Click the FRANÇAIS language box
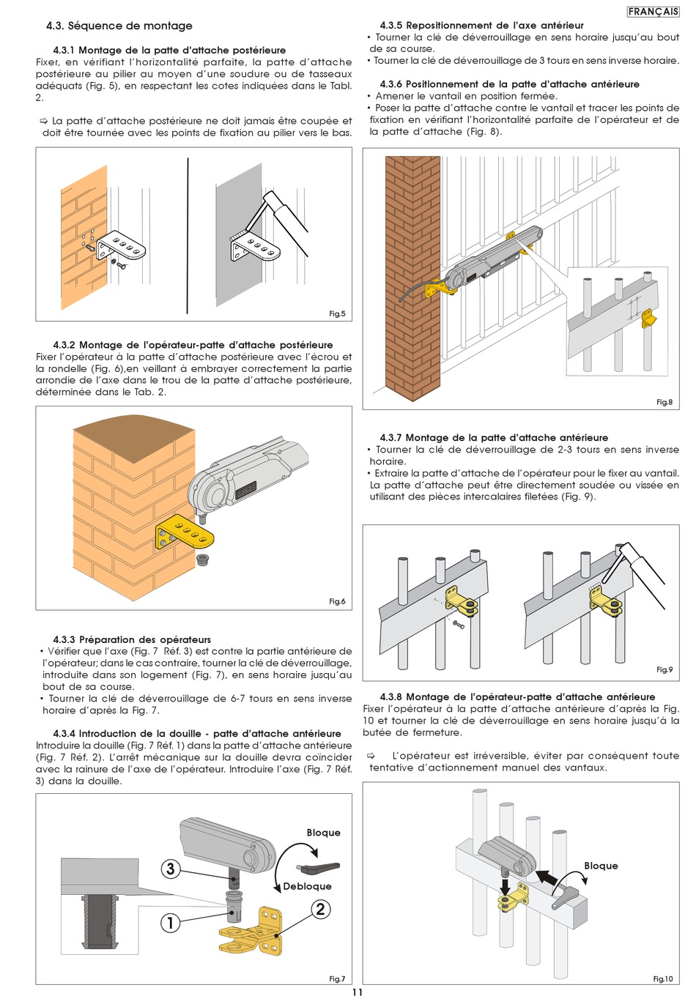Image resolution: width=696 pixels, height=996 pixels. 653,12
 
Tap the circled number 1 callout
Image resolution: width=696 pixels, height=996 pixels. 169,923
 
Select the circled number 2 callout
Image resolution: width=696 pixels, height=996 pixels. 320,908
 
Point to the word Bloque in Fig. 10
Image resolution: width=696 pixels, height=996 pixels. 601,866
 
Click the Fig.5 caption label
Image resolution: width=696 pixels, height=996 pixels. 337,313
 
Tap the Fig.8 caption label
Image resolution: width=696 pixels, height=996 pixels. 664,402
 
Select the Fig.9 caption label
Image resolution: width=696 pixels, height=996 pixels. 664,669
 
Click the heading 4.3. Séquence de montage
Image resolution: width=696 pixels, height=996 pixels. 119,26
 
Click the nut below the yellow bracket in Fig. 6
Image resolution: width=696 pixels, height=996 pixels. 203,560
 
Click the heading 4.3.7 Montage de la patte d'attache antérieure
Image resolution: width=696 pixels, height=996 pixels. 494,437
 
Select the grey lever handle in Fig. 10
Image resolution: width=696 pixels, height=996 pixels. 564,898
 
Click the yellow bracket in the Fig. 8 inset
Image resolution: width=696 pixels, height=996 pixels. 648,318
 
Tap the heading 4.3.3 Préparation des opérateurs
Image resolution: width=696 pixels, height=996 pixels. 132,639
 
